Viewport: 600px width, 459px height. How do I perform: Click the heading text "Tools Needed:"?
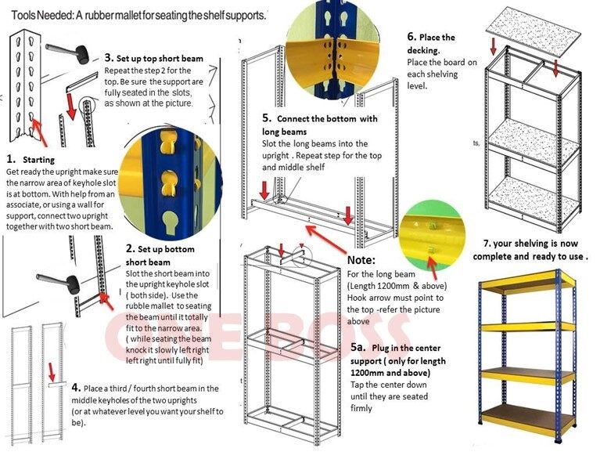pos(38,15)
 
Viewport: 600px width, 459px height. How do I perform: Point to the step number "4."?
pos(76,388)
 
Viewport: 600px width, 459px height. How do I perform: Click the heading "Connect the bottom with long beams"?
pos(318,125)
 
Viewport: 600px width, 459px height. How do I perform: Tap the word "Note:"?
pos(361,259)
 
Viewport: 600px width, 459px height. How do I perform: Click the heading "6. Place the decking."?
pos(431,43)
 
